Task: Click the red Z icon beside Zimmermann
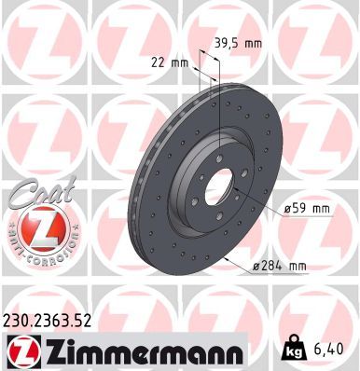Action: click(21, 350)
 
